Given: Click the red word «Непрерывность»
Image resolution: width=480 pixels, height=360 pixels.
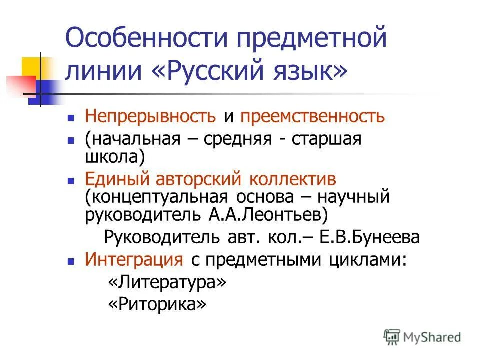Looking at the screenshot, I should (x=150, y=117).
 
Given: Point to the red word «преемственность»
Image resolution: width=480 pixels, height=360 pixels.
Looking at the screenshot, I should (x=313, y=117).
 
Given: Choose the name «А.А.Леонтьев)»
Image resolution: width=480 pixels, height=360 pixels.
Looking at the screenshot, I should (x=268, y=215).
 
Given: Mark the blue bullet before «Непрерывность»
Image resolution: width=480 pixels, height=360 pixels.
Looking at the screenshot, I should (x=71, y=118).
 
